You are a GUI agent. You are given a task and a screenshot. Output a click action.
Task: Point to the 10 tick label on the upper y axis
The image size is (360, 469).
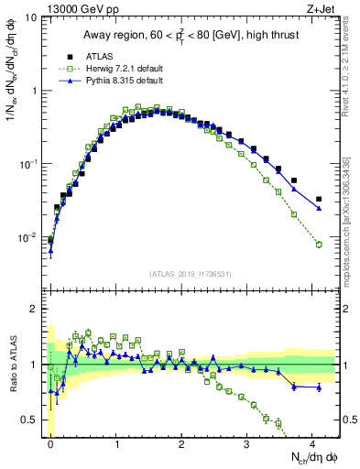pos(31,18)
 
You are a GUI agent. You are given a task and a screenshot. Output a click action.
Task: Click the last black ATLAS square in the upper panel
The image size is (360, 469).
pos(319,199)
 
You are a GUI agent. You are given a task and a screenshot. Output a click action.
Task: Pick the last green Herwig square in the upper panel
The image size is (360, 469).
pos(319,245)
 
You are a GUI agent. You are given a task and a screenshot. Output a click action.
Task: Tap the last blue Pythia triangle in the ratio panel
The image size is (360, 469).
pos(319,387)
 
